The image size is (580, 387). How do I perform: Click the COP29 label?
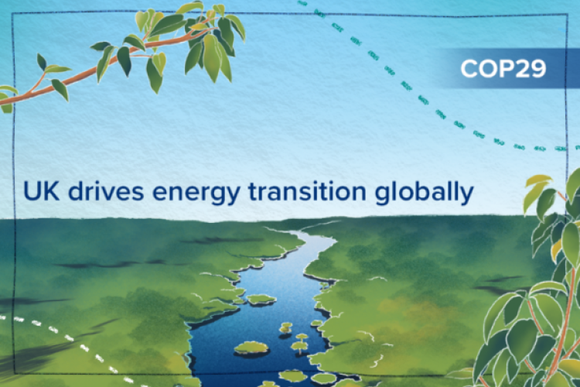coord(503,69)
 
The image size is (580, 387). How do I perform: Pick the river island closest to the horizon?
coord(261,299)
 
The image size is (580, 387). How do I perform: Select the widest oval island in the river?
coord(251,348)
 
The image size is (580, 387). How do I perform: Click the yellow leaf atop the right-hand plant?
coord(538,181)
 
